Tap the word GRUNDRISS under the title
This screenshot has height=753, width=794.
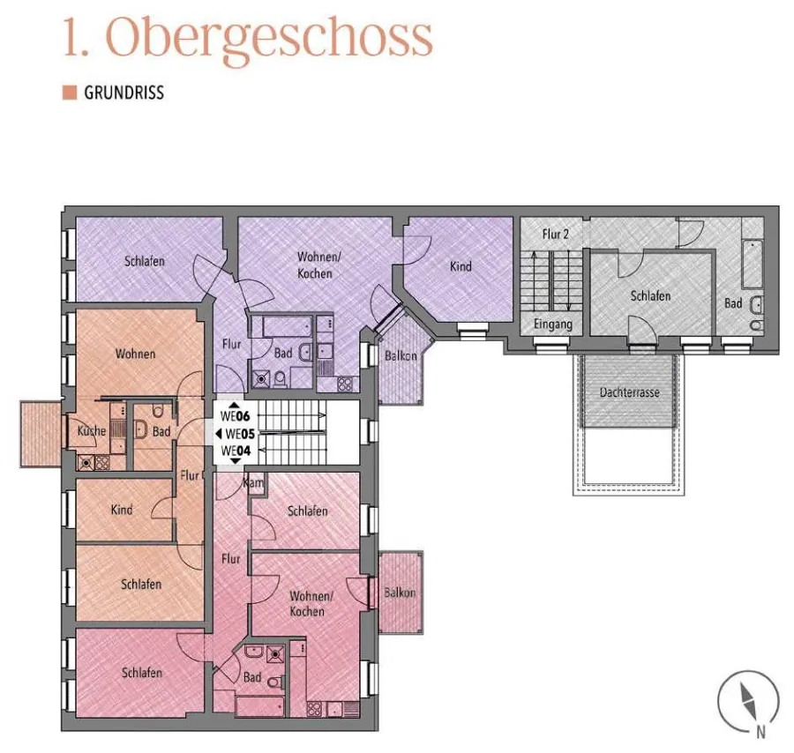(124, 93)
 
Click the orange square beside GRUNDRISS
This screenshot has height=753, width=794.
(70, 93)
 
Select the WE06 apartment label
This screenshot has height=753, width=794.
(236, 416)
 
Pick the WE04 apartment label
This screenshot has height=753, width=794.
(236, 451)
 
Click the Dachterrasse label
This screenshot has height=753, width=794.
(629, 392)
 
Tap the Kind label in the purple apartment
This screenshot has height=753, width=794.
(461, 266)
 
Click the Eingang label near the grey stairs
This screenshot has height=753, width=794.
(553, 324)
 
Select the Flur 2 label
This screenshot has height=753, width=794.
(556, 235)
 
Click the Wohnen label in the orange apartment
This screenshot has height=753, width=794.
(135, 354)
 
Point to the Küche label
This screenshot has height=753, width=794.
(92, 431)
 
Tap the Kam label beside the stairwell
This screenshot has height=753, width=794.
(254, 483)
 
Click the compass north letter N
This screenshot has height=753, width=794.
(760, 732)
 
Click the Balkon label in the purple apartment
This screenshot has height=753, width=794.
(401, 355)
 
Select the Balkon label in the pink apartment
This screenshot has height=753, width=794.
(400, 592)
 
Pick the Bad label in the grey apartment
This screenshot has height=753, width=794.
(733, 303)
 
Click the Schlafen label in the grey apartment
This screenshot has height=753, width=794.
(650, 295)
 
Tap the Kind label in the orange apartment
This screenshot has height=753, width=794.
(122, 510)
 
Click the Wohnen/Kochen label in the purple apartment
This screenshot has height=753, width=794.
(318, 265)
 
